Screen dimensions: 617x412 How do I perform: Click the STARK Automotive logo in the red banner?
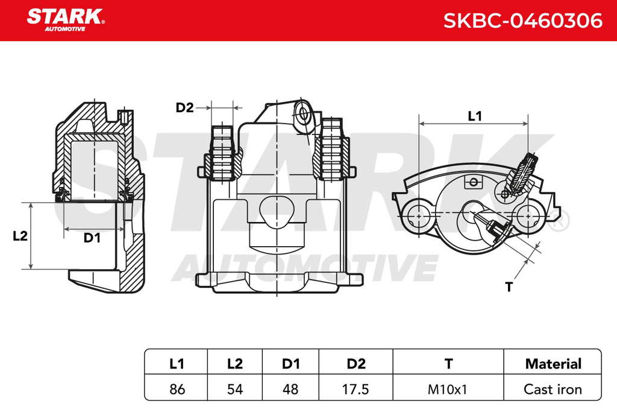pyautogui.click(x=66, y=20)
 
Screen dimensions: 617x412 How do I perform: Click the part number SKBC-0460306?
pyautogui.click(x=522, y=21)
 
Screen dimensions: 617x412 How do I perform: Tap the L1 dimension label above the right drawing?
pyautogui.click(x=475, y=116)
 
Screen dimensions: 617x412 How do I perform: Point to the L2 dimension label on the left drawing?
pyautogui.click(x=20, y=236)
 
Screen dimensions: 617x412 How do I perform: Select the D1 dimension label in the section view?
pyautogui.click(x=92, y=238)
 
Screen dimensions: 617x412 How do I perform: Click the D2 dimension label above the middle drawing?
pyautogui.click(x=184, y=107)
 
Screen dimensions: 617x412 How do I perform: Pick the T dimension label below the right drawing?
pyautogui.click(x=509, y=287)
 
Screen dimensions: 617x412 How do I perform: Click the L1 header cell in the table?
pyautogui.click(x=177, y=363)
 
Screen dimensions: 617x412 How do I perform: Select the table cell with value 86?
pyautogui.click(x=177, y=389)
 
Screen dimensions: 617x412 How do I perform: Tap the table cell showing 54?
pyautogui.click(x=235, y=389)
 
